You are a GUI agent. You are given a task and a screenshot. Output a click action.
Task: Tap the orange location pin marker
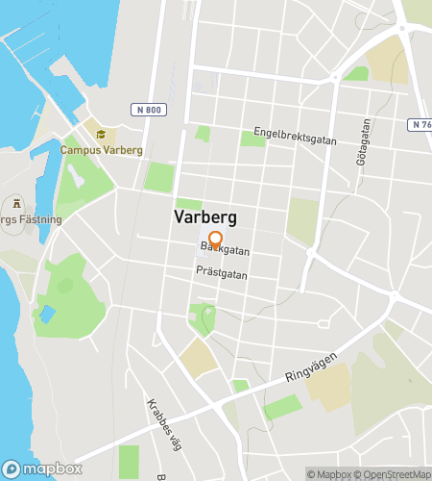[x=215, y=240]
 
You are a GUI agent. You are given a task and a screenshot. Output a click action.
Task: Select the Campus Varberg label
[x=101, y=150]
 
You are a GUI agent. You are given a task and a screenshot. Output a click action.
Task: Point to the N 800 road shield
[x=148, y=110]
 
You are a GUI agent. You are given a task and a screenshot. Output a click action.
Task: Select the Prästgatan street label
[x=222, y=273]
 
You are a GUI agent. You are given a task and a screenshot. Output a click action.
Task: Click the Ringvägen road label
[x=314, y=367]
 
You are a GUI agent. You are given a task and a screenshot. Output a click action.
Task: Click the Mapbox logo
[x=43, y=468]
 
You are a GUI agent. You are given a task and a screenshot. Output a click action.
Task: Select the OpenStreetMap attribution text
[x=396, y=474]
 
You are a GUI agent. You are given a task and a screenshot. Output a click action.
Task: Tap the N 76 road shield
[x=420, y=124]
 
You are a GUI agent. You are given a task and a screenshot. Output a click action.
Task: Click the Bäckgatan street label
[x=225, y=250]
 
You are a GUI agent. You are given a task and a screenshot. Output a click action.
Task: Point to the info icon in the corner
[x=12, y=468]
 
